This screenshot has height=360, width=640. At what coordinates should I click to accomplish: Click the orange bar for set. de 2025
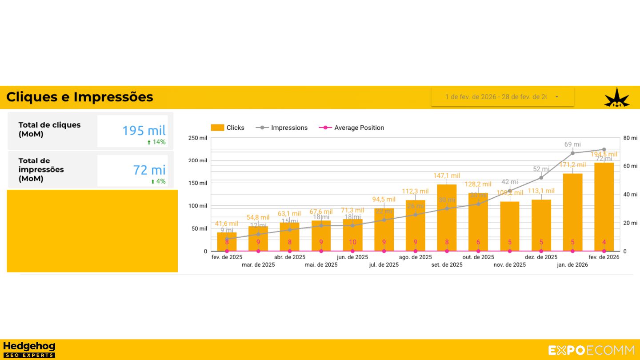click(x=447, y=218)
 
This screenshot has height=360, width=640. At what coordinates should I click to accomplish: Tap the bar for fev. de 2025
click(x=227, y=242)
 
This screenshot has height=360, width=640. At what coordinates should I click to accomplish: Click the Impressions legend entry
click(x=282, y=128)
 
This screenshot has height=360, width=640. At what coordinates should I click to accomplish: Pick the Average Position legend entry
click(x=352, y=128)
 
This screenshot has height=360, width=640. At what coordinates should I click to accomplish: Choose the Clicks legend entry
click(x=228, y=128)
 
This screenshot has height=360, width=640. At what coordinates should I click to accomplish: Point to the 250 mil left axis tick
click(x=198, y=138)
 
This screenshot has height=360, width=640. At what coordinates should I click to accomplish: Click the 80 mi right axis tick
click(x=630, y=138)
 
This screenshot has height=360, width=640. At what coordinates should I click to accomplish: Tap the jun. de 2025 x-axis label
click(x=352, y=257)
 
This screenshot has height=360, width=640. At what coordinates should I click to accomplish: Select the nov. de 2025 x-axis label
click(x=509, y=265)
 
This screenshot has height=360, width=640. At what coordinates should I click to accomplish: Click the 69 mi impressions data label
click(x=572, y=144)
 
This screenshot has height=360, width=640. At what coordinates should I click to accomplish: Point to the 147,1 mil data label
click(x=447, y=176)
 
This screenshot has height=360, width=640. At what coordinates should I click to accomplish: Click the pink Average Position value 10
click(x=352, y=242)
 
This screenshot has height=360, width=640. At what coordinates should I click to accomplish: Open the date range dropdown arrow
click(x=557, y=97)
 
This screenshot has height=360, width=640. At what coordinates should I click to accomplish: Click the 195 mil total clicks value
click(x=144, y=131)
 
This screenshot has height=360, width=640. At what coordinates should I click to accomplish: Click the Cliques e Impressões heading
click(x=80, y=97)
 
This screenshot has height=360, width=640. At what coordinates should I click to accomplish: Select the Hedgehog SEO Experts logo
click(x=29, y=349)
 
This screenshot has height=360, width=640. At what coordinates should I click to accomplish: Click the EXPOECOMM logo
click(x=591, y=350)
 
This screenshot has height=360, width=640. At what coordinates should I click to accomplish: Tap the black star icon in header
click(x=616, y=97)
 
